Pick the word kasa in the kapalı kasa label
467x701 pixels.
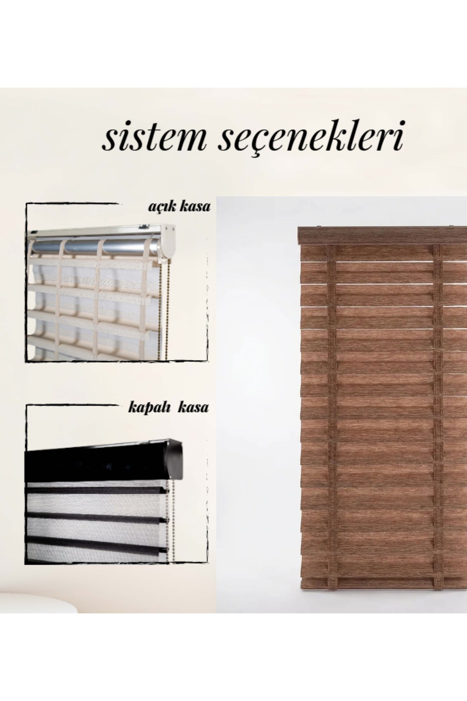(194, 408)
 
